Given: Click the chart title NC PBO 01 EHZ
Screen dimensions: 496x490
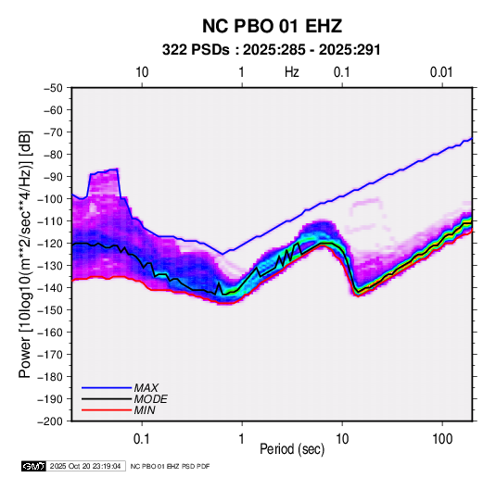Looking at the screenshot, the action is [272, 26].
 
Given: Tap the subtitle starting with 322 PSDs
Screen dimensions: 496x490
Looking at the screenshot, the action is [271, 50].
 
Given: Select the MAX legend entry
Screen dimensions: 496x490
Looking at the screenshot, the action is [120, 387].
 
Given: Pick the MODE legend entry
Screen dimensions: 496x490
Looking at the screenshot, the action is [124, 399].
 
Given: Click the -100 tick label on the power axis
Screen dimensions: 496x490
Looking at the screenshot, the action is [50, 199].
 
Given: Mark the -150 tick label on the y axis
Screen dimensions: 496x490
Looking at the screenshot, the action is [50, 309].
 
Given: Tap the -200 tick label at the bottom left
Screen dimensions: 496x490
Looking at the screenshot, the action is [50, 421].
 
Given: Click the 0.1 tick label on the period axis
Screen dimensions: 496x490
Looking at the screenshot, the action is [142, 439].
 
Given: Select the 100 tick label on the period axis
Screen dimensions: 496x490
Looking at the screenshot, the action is [442, 439].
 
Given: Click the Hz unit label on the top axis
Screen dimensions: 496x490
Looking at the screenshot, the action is [292, 72].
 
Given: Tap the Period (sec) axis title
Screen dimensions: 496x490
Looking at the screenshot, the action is [292, 449].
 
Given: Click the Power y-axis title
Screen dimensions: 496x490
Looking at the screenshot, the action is [25, 254].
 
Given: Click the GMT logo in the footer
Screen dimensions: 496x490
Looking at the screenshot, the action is [34, 466].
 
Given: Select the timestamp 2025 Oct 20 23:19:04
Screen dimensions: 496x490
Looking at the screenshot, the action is [85, 466].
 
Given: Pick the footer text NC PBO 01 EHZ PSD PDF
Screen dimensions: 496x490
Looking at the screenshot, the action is [170, 466].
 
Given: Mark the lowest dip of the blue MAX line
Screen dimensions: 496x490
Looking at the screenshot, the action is [223, 254].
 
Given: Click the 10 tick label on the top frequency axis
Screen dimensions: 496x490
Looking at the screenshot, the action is [142, 72].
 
